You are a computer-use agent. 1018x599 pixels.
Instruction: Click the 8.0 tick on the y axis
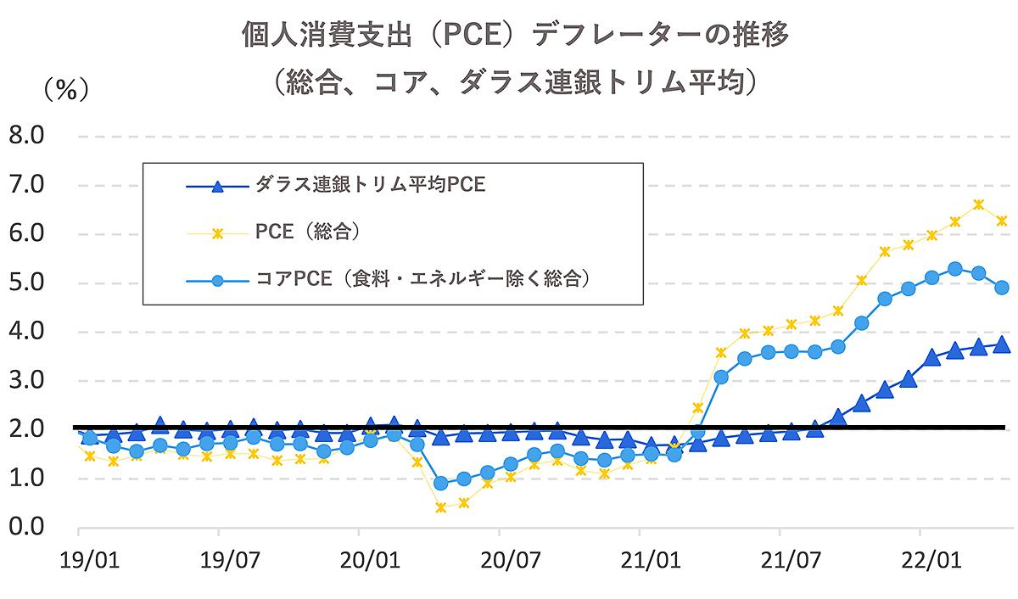tap(28, 136)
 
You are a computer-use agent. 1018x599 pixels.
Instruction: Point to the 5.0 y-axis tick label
tap(28, 283)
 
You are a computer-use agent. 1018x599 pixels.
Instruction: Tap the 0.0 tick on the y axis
tap(28, 527)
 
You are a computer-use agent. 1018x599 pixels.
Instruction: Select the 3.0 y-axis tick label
tap(28, 380)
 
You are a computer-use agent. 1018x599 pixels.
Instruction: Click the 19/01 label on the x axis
tap(78, 561)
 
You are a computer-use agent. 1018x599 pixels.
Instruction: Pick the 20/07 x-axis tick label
tap(500, 561)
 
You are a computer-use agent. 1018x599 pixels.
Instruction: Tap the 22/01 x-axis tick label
tap(921, 561)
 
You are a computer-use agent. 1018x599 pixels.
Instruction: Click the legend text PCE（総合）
tap(309, 232)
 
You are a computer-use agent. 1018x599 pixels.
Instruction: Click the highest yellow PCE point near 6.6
tap(978, 204)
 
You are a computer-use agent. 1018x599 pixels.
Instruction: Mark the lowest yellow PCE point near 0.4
tap(440, 507)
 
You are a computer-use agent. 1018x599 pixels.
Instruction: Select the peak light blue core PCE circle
tap(954, 269)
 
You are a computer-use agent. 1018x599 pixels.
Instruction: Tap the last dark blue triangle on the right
tap(1001, 344)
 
